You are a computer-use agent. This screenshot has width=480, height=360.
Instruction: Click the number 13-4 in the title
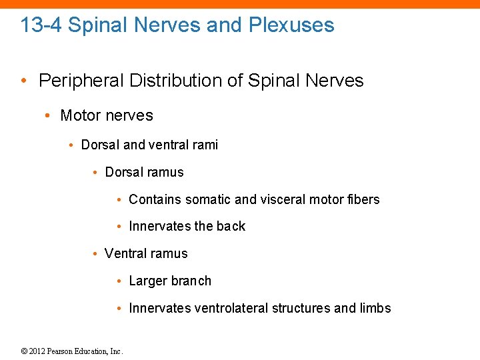[41, 25]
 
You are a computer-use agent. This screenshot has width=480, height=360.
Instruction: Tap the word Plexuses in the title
[291, 25]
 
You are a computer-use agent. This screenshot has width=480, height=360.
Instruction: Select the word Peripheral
[81, 81]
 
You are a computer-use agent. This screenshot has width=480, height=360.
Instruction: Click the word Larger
[148, 281]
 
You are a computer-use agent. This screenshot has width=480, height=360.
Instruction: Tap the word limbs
[375, 308]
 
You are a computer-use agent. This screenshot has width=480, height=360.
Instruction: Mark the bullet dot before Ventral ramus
[97, 254]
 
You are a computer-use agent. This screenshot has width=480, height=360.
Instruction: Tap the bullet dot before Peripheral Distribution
[25, 81]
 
